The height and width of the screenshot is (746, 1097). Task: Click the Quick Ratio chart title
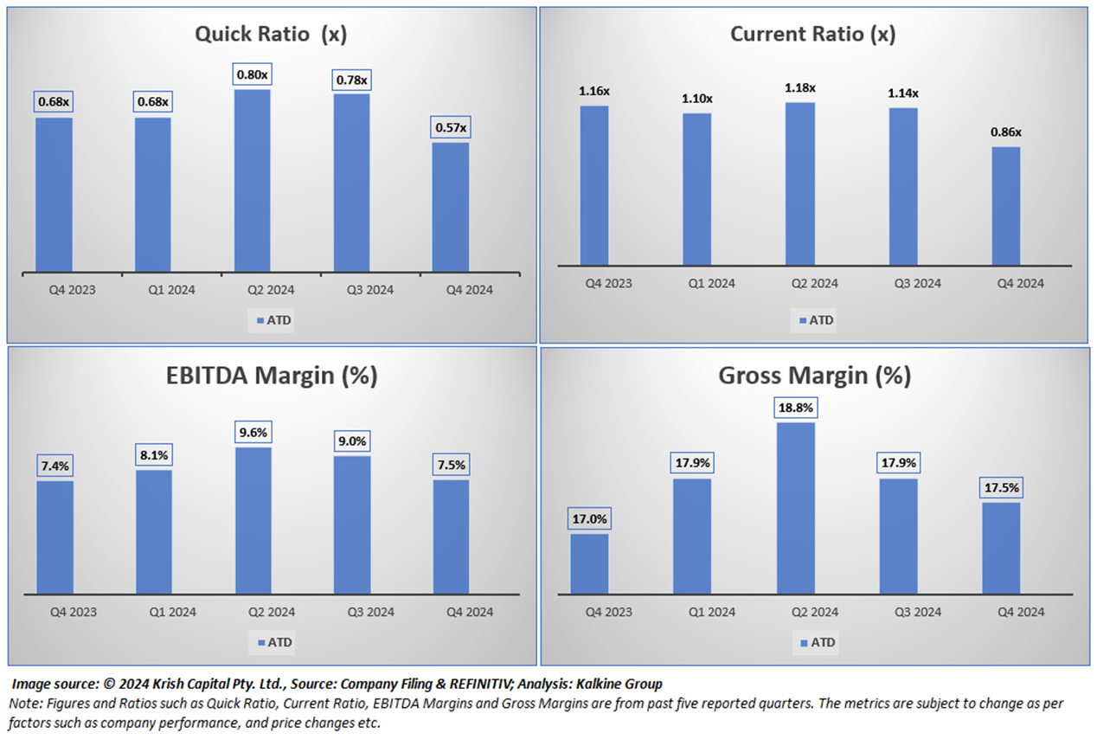[x=270, y=34]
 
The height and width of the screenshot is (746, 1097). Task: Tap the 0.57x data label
[x=450, y=128]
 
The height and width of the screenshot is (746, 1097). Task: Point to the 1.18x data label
[x=800, y=87]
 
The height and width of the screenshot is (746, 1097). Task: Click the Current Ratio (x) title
[x=812, y=34]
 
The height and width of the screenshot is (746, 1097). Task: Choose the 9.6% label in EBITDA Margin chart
[x=253, y=433]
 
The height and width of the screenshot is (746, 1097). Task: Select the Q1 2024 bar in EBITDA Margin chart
[x=153, y=531]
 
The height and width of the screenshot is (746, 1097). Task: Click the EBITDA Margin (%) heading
[x=272, y=376]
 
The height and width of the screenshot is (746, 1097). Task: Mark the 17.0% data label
[x=590, y=520]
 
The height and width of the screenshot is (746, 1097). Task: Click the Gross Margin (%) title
[x=814, y=376]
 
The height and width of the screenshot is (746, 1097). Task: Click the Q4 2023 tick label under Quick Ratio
[x=72, y=290]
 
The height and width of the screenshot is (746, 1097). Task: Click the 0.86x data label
[x=1006, y=132]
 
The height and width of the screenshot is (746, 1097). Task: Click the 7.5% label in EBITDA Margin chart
[x=450, y=465]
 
